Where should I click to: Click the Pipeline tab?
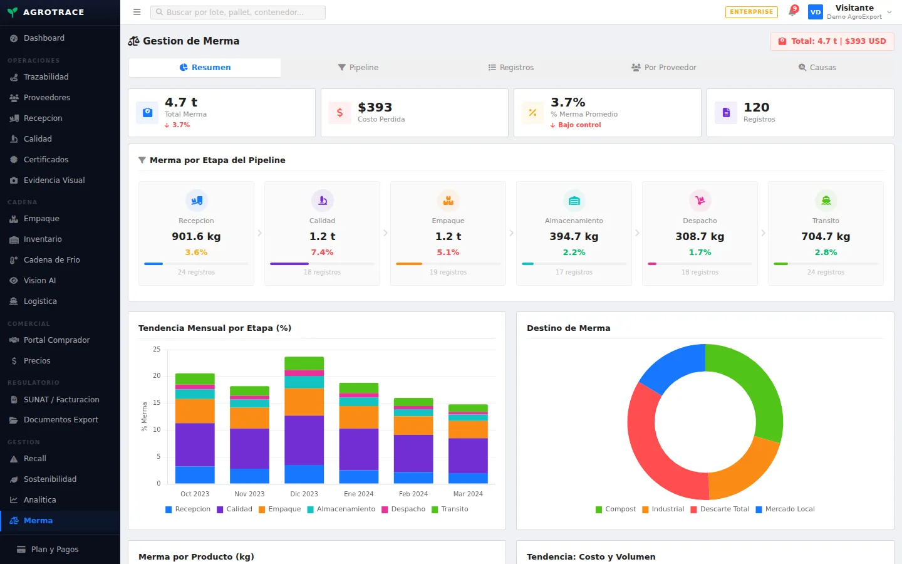358,67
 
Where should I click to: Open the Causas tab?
817,67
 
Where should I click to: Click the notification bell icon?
792,12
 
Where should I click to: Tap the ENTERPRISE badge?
752,12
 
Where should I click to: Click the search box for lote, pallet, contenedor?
238,12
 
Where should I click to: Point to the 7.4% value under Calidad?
322,252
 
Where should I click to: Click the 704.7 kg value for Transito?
826,236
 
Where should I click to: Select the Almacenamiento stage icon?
574,201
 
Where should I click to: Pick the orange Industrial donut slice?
744,471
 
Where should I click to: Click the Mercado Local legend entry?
785,509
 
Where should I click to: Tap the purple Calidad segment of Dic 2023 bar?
304,441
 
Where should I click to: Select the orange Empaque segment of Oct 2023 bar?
195,411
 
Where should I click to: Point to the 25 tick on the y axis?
157,349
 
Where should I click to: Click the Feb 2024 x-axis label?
413,494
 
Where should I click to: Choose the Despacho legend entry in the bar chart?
403,509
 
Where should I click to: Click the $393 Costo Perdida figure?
375,107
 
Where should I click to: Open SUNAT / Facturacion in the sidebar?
60,400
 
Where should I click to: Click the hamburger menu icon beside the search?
137,12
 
